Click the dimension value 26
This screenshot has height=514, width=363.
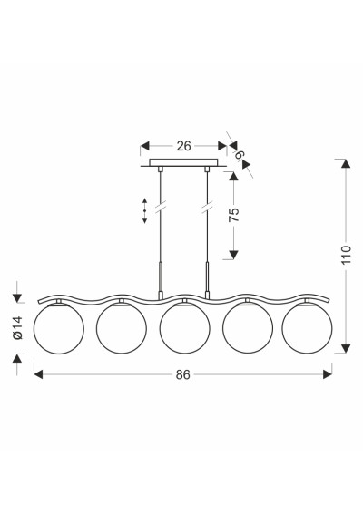tap(183, 146)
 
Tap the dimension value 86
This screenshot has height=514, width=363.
tap(182, 374)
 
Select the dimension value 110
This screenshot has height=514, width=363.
tap(346, 255)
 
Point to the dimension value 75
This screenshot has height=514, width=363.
tap(234, 215)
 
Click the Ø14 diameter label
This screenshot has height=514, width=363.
tap(17, 328)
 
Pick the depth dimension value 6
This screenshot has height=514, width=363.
tap(240, 154)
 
